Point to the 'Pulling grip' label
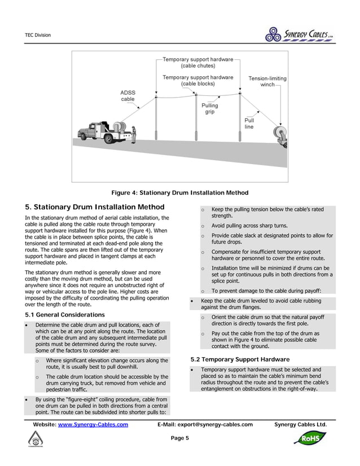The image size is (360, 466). tap(209, 108)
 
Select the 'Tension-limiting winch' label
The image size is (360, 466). tap(267, 81)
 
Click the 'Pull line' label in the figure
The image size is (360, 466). tap(249, 124)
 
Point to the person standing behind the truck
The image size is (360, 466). tap(135, 134)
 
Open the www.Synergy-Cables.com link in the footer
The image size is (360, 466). tap(93, 424)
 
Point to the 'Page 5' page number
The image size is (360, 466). tap(179, 438)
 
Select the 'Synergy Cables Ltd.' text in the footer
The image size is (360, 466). tap(300, 424)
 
